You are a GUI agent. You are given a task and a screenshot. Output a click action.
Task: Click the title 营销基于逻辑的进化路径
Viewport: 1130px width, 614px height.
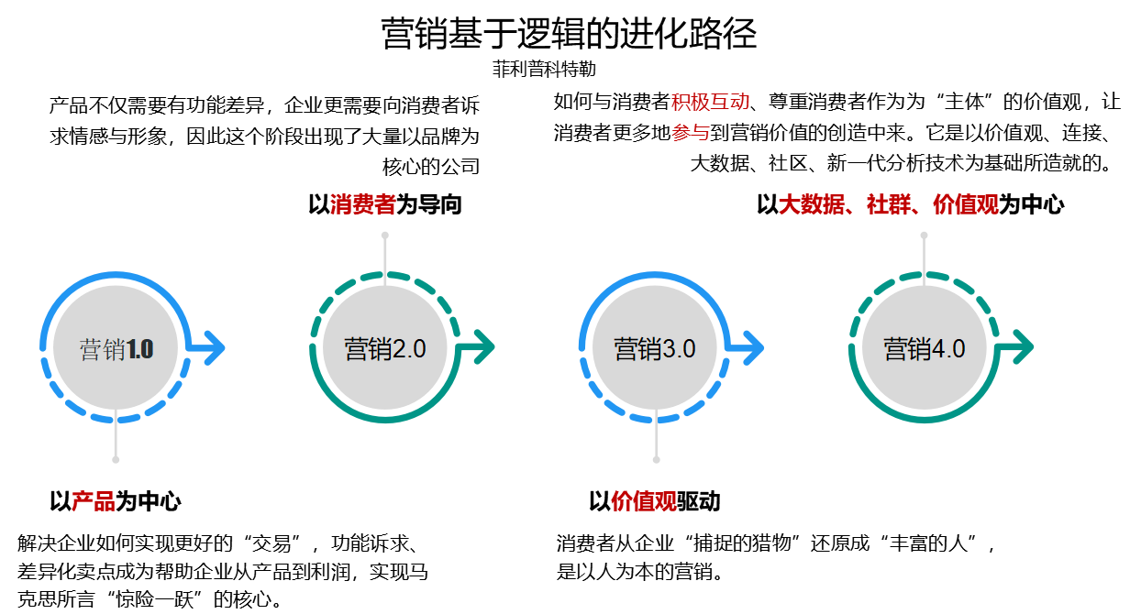click(569, 34)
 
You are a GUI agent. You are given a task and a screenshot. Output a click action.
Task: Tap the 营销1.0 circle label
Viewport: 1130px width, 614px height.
click(116, 349)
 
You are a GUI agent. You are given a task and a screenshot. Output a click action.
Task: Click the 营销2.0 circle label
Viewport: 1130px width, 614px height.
click(385, 349)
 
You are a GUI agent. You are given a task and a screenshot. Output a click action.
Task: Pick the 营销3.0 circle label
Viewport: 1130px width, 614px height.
click(655, 349)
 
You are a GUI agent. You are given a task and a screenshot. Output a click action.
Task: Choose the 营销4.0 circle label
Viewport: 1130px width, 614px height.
click(924, 349)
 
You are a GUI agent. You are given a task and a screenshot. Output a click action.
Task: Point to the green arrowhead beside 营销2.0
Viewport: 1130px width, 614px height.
click(482, 348)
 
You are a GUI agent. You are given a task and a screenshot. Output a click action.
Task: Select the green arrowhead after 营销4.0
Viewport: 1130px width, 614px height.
click(1022, 348)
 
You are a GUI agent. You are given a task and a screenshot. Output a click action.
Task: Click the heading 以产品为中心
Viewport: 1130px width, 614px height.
click(116, 501)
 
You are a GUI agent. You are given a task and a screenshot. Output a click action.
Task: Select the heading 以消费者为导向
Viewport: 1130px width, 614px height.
click(385, 204)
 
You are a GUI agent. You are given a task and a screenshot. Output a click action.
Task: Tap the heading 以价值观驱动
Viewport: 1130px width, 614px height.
click(655, 501)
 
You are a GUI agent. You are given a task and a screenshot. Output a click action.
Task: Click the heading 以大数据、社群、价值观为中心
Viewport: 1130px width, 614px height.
click(910, 204)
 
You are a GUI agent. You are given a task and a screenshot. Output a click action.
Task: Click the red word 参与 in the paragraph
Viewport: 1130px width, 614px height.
click(691, 133)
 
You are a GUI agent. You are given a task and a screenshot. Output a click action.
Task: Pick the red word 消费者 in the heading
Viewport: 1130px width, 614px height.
click(363, 204)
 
